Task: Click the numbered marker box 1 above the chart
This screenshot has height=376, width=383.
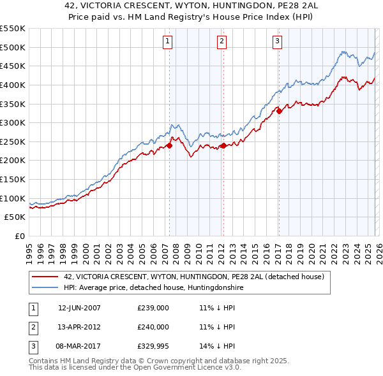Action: coord(167,41)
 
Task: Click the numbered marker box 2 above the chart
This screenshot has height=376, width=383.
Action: coord(222,41)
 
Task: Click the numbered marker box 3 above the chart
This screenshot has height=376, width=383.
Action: coord(278,41)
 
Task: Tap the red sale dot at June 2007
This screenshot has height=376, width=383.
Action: coord(170,145)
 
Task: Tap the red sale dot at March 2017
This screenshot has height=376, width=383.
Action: coord(279,111)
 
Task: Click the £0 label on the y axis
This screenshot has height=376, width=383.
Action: coord(19,236)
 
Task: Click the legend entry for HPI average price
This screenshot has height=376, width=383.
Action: coord(153,288)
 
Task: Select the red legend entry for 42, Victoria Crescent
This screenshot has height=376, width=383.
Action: coord(194,277)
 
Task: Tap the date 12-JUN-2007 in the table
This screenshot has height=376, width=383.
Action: coord(79,308)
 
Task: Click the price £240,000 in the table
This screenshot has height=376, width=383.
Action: coord(153,327)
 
